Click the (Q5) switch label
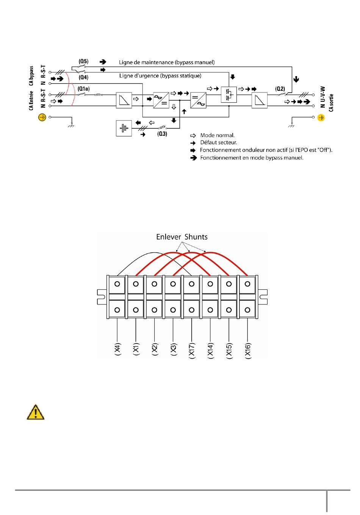coord(83,61)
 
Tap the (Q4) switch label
coord(83,77)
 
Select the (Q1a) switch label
coord(83,89)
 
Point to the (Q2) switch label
coord(280,89)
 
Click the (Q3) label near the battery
coord(162,134)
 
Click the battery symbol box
coord(124,128)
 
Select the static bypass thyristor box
coord(229,95)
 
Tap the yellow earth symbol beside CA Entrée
coord(42,117)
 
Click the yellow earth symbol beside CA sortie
coord(321,118)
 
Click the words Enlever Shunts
coord(182,237)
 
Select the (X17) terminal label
coord(192,350)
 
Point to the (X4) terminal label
coord(117,350)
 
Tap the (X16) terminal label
coord(247,350)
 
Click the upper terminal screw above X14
coord(210,284)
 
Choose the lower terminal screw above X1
coord(136,310)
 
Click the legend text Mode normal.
coord(218,135)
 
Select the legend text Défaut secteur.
coord(219,142)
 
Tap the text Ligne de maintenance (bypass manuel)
coord(167,62)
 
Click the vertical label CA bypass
coord(31,76)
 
